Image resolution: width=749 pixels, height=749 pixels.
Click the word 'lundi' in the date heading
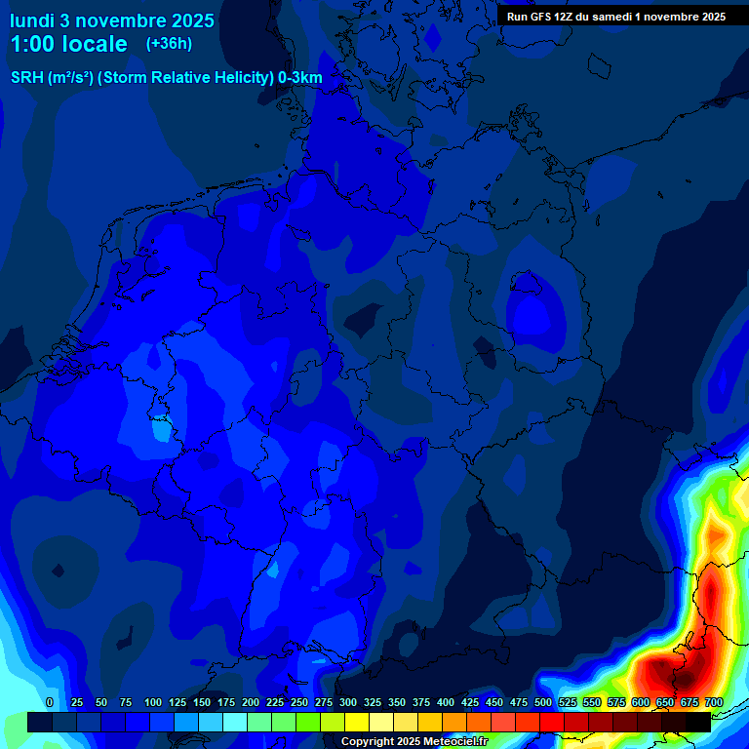point(32,20)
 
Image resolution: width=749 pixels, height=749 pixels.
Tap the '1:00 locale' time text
point(69,44)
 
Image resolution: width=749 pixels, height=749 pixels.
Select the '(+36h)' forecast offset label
point(169,44)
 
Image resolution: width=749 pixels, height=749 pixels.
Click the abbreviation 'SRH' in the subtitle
point(27,78)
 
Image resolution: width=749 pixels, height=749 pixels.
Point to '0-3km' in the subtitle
point(300,78)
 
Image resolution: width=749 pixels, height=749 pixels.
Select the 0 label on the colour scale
point(50,702)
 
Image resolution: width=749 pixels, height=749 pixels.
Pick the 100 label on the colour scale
point(152,702)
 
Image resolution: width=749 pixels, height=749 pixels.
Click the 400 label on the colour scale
point(446,702)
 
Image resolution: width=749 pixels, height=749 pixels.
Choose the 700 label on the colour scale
point(714,702)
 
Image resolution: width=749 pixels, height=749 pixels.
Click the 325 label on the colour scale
point(373,702)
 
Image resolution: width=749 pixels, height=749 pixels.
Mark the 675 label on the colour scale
point(690,702)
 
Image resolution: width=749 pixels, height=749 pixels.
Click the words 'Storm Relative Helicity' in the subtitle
point(184,78)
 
